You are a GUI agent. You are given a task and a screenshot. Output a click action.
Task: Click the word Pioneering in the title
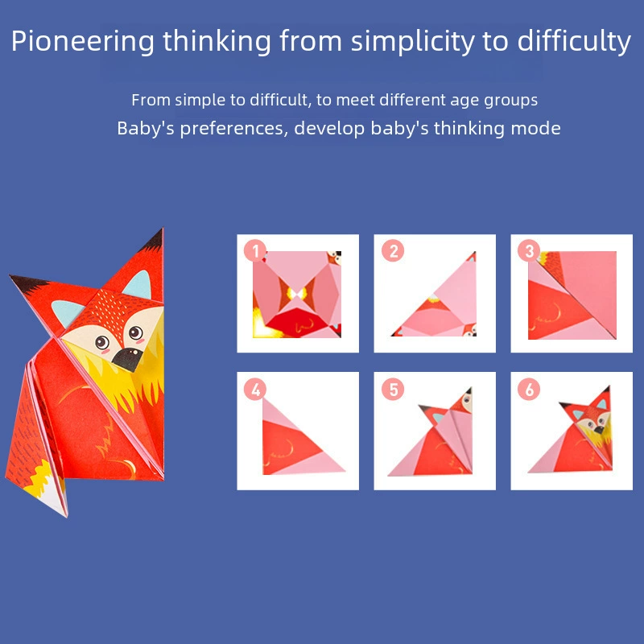point(83,42)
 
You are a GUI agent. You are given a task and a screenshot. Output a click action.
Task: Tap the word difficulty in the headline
point(574,42)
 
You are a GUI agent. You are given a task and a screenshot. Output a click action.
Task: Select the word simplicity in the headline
point(412,42)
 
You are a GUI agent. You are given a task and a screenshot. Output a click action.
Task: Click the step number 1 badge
point(255,251)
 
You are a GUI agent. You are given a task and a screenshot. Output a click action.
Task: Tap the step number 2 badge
point(393,251)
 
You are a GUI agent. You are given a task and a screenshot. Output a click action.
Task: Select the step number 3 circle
point(529,251)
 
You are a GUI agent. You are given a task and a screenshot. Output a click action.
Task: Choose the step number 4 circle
point(255,390)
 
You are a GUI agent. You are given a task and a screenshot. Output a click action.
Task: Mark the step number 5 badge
point(393,390)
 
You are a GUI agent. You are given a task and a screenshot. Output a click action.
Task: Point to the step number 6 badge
point(529,390)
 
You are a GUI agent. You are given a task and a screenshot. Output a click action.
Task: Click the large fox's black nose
point(127,359)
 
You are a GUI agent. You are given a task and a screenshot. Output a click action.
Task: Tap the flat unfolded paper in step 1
point(297,294)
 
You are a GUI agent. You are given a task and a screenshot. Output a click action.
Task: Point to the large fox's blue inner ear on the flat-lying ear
point(67,312)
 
